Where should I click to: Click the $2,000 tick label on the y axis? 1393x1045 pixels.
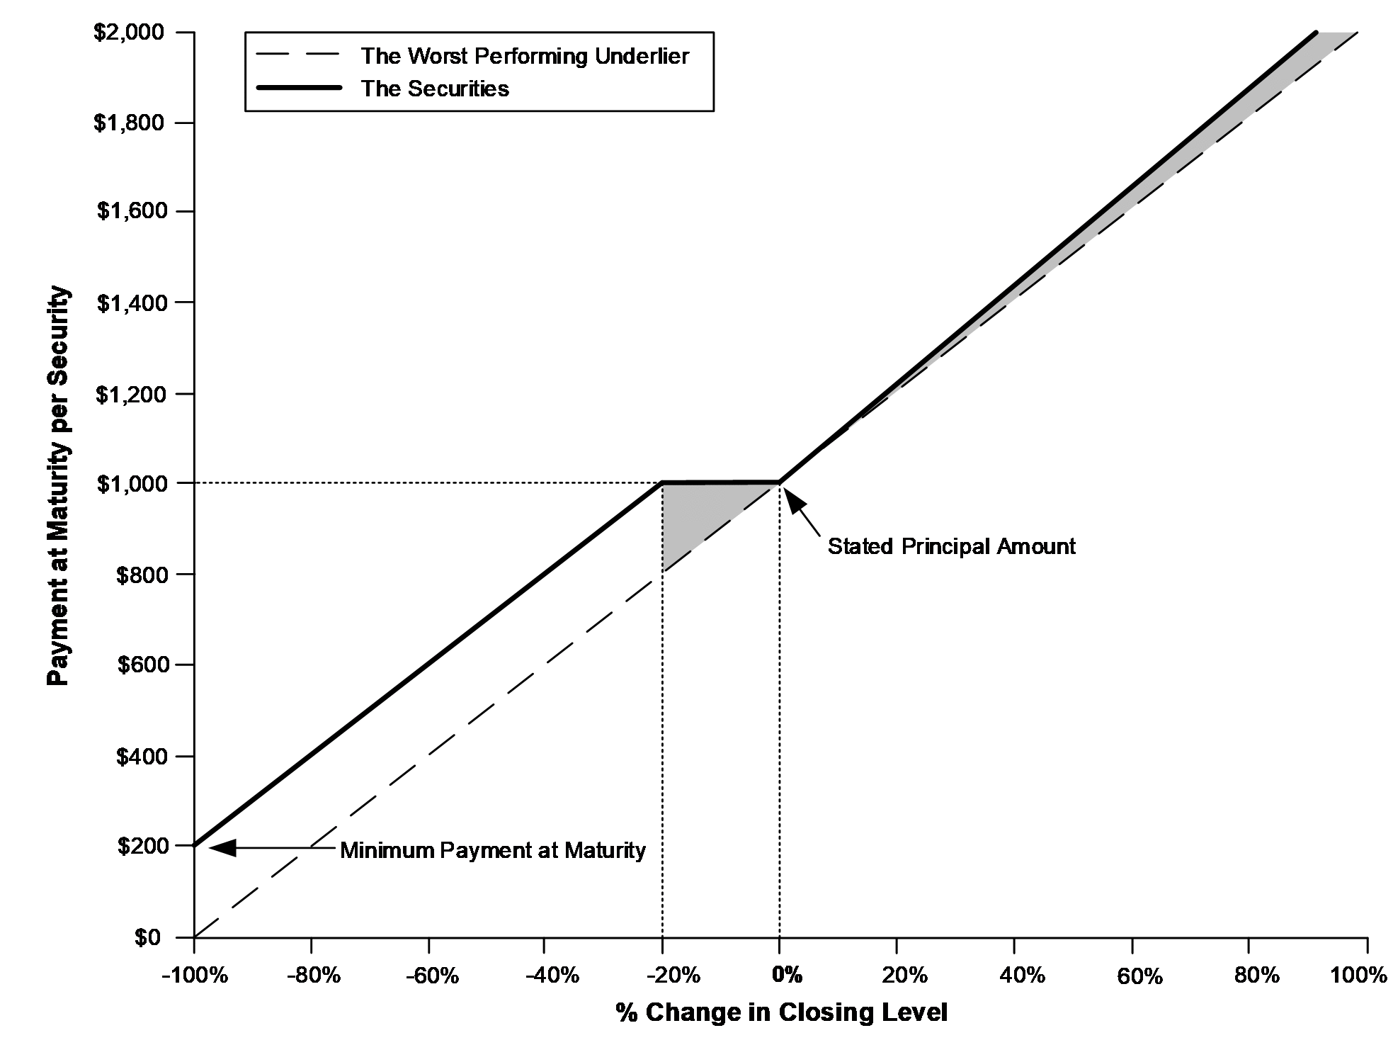pos(139,33)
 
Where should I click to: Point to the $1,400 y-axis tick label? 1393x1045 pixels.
pos(139,303)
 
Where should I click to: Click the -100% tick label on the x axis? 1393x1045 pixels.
pos(195,976)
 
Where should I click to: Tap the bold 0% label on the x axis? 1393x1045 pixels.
pos(788,976)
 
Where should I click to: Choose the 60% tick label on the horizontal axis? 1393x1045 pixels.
pos(1140,976)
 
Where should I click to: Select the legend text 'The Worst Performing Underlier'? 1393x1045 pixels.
pos(525,56)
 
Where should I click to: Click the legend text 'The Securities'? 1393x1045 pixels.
pos(435,89)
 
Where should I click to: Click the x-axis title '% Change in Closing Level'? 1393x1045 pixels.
pos(781,1012)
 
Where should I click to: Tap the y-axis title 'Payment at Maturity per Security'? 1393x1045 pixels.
pos(59,485)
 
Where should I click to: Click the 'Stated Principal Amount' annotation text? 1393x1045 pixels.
pos(952,546)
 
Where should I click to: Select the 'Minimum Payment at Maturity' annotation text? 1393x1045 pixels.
pos(493,850)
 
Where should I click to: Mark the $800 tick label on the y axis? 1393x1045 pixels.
pos(150,575)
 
